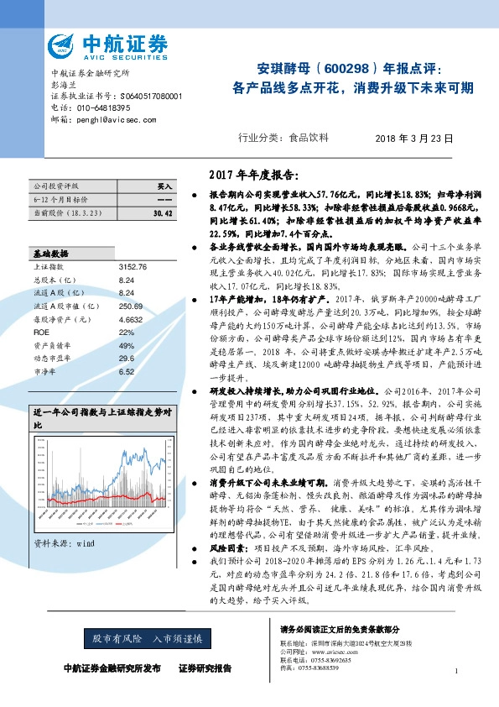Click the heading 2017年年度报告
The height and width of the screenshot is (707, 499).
(252, 175)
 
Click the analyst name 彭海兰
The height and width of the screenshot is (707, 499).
(63, 85)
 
